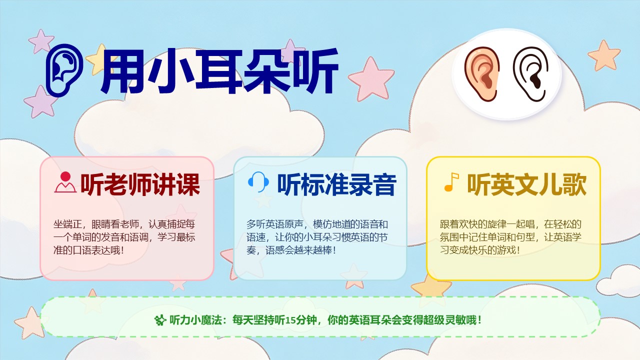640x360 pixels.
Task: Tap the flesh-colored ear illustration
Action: tap(481, 74)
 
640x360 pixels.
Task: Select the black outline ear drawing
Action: tap(530, 74)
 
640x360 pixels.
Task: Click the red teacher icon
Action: tap(65, 182)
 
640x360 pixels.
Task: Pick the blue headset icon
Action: tap(258, 182)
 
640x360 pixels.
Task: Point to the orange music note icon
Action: tap(451, 182)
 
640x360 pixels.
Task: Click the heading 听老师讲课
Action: tap(140, 184)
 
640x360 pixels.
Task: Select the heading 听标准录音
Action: tap(337, 184)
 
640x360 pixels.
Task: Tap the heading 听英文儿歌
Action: tap(527, 184)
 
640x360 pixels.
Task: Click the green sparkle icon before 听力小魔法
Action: tap(160, 320)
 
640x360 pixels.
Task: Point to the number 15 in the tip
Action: tap(290, 320)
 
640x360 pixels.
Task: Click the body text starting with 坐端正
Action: tap(124, 237)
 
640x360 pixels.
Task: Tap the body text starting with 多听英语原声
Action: tap(317, 237)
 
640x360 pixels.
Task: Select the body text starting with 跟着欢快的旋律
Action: tap(510, 237)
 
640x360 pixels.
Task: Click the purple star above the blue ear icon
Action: tap(41, 41)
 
